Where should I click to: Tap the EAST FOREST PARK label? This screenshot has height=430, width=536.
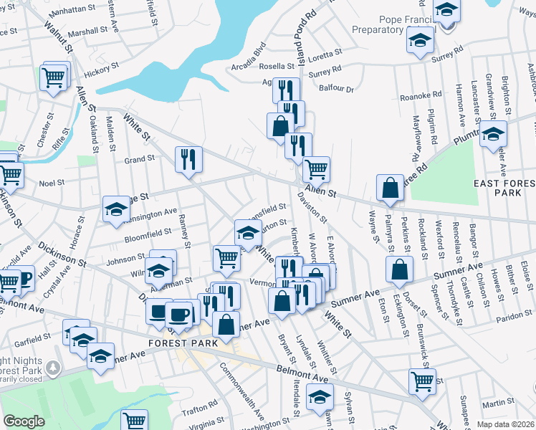pos(506,188)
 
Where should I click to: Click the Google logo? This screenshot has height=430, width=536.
pos(24,421)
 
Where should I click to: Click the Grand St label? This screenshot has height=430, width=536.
pos(139,159)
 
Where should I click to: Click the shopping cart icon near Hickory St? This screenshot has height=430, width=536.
pos(54,76)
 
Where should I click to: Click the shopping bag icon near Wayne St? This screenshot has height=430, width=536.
pos(389,188)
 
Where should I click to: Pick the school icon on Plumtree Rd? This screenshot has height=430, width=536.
pos(493,133)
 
